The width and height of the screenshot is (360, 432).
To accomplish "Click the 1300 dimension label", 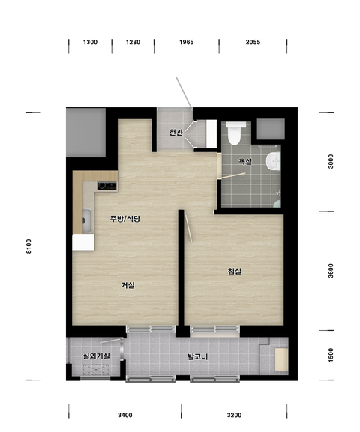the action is pos(90,43).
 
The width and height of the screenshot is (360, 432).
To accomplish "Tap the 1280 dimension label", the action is pos(133,43).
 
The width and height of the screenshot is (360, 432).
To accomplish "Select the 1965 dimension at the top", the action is pos(187,43).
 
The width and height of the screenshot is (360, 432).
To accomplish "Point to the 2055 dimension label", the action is pos(253,43).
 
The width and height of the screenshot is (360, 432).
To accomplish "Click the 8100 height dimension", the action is pos(28,246).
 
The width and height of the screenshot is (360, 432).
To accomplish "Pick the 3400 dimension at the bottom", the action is pos(125,415).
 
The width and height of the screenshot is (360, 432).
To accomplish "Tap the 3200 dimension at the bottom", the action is pos(235,415).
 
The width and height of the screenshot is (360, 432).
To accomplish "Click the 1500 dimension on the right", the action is pos(331,355).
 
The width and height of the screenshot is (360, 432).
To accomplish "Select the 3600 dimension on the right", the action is pos(331,271).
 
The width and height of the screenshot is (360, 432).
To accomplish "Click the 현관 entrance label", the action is pos(175,133).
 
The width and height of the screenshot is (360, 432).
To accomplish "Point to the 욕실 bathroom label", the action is pos(244,161).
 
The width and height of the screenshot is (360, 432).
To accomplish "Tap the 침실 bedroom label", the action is pos(235,271).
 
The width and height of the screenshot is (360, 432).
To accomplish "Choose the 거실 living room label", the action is pos(127,285).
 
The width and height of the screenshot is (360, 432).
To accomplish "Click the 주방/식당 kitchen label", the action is pos(125,219).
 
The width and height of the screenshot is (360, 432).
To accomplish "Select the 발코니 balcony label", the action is pos(197,357).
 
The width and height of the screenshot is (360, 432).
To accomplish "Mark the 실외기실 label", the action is pos(97,356).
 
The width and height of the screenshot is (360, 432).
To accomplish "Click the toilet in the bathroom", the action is pos(235,133).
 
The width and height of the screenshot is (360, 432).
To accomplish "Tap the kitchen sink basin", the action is pos(87,220).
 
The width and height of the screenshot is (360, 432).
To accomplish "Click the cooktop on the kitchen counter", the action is pos(106,186).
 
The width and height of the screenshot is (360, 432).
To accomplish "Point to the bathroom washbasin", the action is pos(274,161).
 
